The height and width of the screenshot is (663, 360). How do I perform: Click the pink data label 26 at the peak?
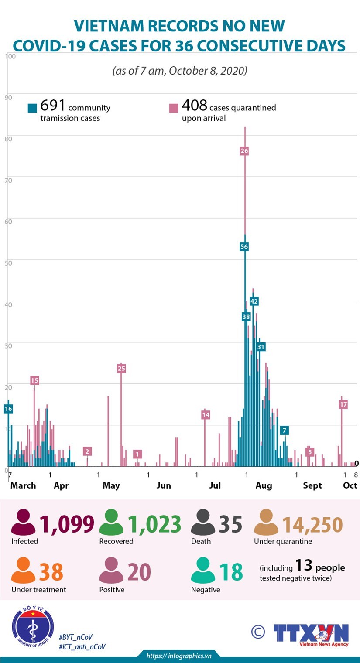244,151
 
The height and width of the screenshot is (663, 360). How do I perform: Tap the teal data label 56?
244,246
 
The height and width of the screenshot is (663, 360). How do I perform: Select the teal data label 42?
254,301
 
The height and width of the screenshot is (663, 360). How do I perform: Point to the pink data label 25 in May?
121,369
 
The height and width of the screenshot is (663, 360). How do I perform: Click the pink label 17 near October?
343,404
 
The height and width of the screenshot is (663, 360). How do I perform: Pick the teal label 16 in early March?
8,409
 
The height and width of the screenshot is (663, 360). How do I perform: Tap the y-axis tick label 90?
8,97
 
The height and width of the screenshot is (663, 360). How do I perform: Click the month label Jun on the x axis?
164,485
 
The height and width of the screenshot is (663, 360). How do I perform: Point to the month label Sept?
312,485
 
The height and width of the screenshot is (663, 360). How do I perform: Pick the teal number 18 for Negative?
231,572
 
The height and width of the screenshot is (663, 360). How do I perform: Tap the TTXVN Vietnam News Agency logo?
311,634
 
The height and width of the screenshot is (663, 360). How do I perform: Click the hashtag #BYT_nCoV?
75,637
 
